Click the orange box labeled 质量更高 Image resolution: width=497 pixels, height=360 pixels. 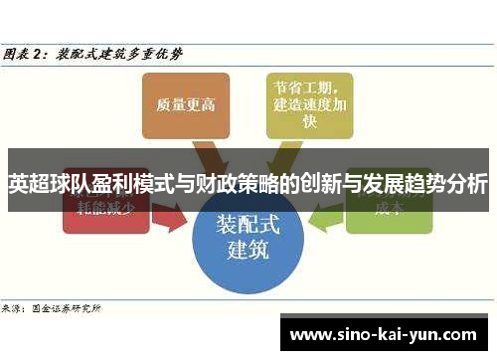(187, 104)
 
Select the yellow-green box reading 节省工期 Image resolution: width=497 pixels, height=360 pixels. (308, 104)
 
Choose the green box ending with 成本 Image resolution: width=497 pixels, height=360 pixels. (387, 208)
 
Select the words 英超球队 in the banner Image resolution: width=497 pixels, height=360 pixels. (42, 184)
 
